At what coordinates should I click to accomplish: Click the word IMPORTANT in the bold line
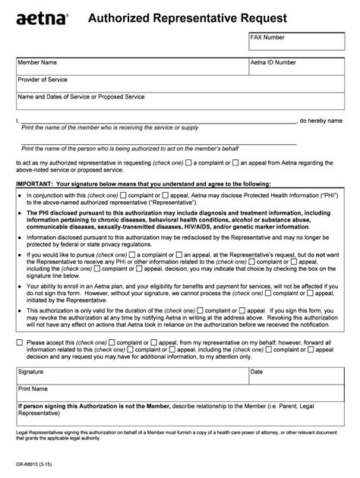tap(34, 184)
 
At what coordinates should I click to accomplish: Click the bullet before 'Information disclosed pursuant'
tap(19, 237)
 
